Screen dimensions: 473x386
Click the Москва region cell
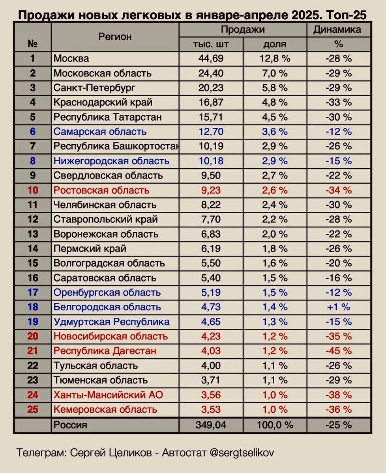click(71, 59)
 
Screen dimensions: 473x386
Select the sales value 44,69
click(211, 59)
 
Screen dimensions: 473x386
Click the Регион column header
click(115, 37)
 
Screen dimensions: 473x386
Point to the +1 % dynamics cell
click(338, 307)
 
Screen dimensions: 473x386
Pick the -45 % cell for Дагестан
click(338, 351)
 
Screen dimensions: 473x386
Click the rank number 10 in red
click(33, 190)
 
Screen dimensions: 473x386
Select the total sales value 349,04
click(211, 425)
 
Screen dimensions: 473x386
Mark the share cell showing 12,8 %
click(275, 59)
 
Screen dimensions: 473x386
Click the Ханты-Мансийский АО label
click(108, 395)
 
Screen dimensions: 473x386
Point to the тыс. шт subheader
click(211, 44)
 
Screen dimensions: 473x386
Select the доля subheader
click(275, 44)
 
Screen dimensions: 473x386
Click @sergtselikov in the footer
click(241, 453)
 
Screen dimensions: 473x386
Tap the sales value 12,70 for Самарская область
click(211, 132)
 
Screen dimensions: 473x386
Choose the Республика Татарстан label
click(107, 117)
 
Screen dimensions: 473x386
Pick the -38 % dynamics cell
click(338, 395)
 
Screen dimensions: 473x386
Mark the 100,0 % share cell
click(275, 425)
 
